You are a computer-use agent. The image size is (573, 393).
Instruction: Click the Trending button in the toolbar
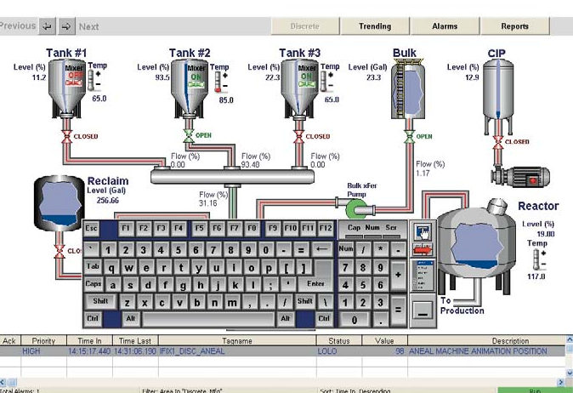pos(375,26)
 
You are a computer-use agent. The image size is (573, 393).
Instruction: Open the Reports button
pos(514,26)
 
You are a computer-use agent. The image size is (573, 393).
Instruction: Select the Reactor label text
pos(538,206)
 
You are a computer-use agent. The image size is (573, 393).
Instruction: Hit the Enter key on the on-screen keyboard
pos(315,283)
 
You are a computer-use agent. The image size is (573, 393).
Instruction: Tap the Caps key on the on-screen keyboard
pos(94,283)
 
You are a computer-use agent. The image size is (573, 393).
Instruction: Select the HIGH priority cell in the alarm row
pos(31,350)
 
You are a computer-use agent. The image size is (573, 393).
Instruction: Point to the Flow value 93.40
pos(250,164)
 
